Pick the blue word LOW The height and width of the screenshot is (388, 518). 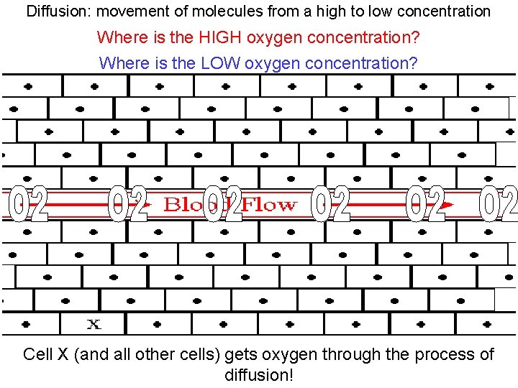220,63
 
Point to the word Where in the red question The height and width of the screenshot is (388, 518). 118,37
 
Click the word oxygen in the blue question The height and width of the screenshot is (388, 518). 273,63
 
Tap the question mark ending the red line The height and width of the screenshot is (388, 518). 416,37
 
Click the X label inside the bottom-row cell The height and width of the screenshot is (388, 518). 94,324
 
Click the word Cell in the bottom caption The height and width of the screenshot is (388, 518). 38,355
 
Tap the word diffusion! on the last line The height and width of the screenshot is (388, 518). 259,374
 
